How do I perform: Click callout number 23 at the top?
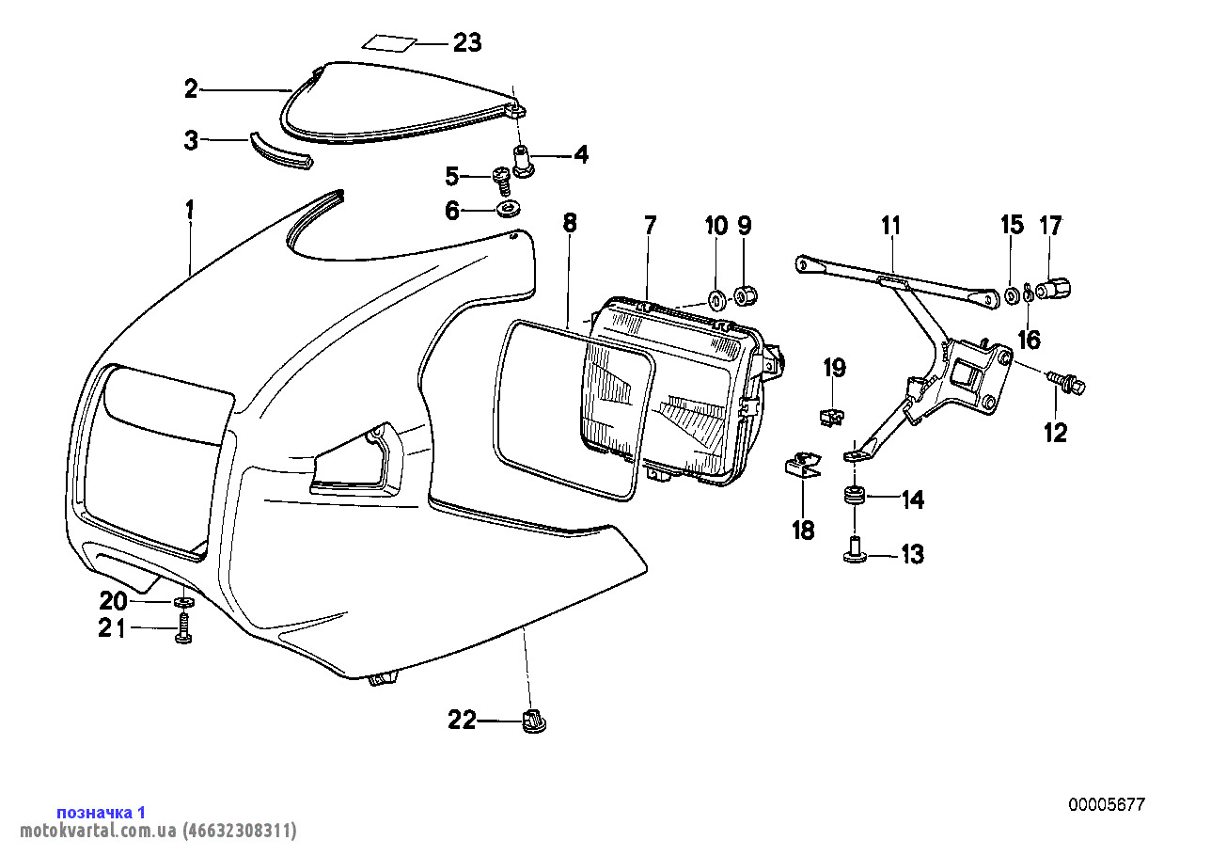pos(467,42)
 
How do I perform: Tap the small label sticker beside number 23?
pos(388,43)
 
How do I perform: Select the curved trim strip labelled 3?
pos(280,152)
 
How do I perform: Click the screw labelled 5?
pos(502,182)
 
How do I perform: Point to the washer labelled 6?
pos(508,209)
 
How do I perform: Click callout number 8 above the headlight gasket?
pos(570,223)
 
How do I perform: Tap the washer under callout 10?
pos(717,300)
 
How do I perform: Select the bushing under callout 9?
pos(746,294)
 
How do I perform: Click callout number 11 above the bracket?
pos(891,226)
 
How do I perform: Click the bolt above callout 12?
pos(1066,382)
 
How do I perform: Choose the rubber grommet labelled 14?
pos(855,497)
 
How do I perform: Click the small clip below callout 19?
pos(831,417)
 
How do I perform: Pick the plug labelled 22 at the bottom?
pos(534,721)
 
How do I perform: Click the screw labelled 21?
pos(183,628)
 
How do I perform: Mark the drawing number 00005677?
pos(1106,804)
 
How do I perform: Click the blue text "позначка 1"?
pos(102,812)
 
